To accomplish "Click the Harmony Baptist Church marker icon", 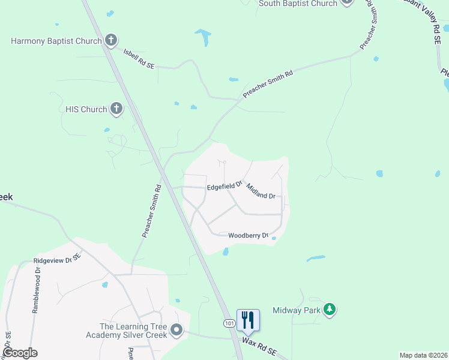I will pyautogui.click(x=110, y=41).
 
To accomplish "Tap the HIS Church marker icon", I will pyautogui.click(x=116, y=109).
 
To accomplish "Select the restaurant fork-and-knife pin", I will pyautogui.click(x=248, y=320).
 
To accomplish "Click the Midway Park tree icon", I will pyautogui.click(x=329, y=310).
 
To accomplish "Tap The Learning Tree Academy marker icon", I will pyautogui.click(x=176, y=330).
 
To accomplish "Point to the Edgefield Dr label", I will pyautogui.click(x=224, y=186).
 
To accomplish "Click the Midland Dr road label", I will pyautogui.click(x=261, y=192).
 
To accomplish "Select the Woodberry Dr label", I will pyautogui.click(x=248, y=235).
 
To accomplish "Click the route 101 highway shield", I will pyautogui.click(x=229, y=323).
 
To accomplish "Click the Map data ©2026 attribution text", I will pyautogui.click(x=423, y=355).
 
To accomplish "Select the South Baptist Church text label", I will pyautogui.click(x=298, y=4).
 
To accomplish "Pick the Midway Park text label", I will pyautogui.click(x=297, y=310).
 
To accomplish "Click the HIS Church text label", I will pyautogui.click(x=86, y=109).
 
